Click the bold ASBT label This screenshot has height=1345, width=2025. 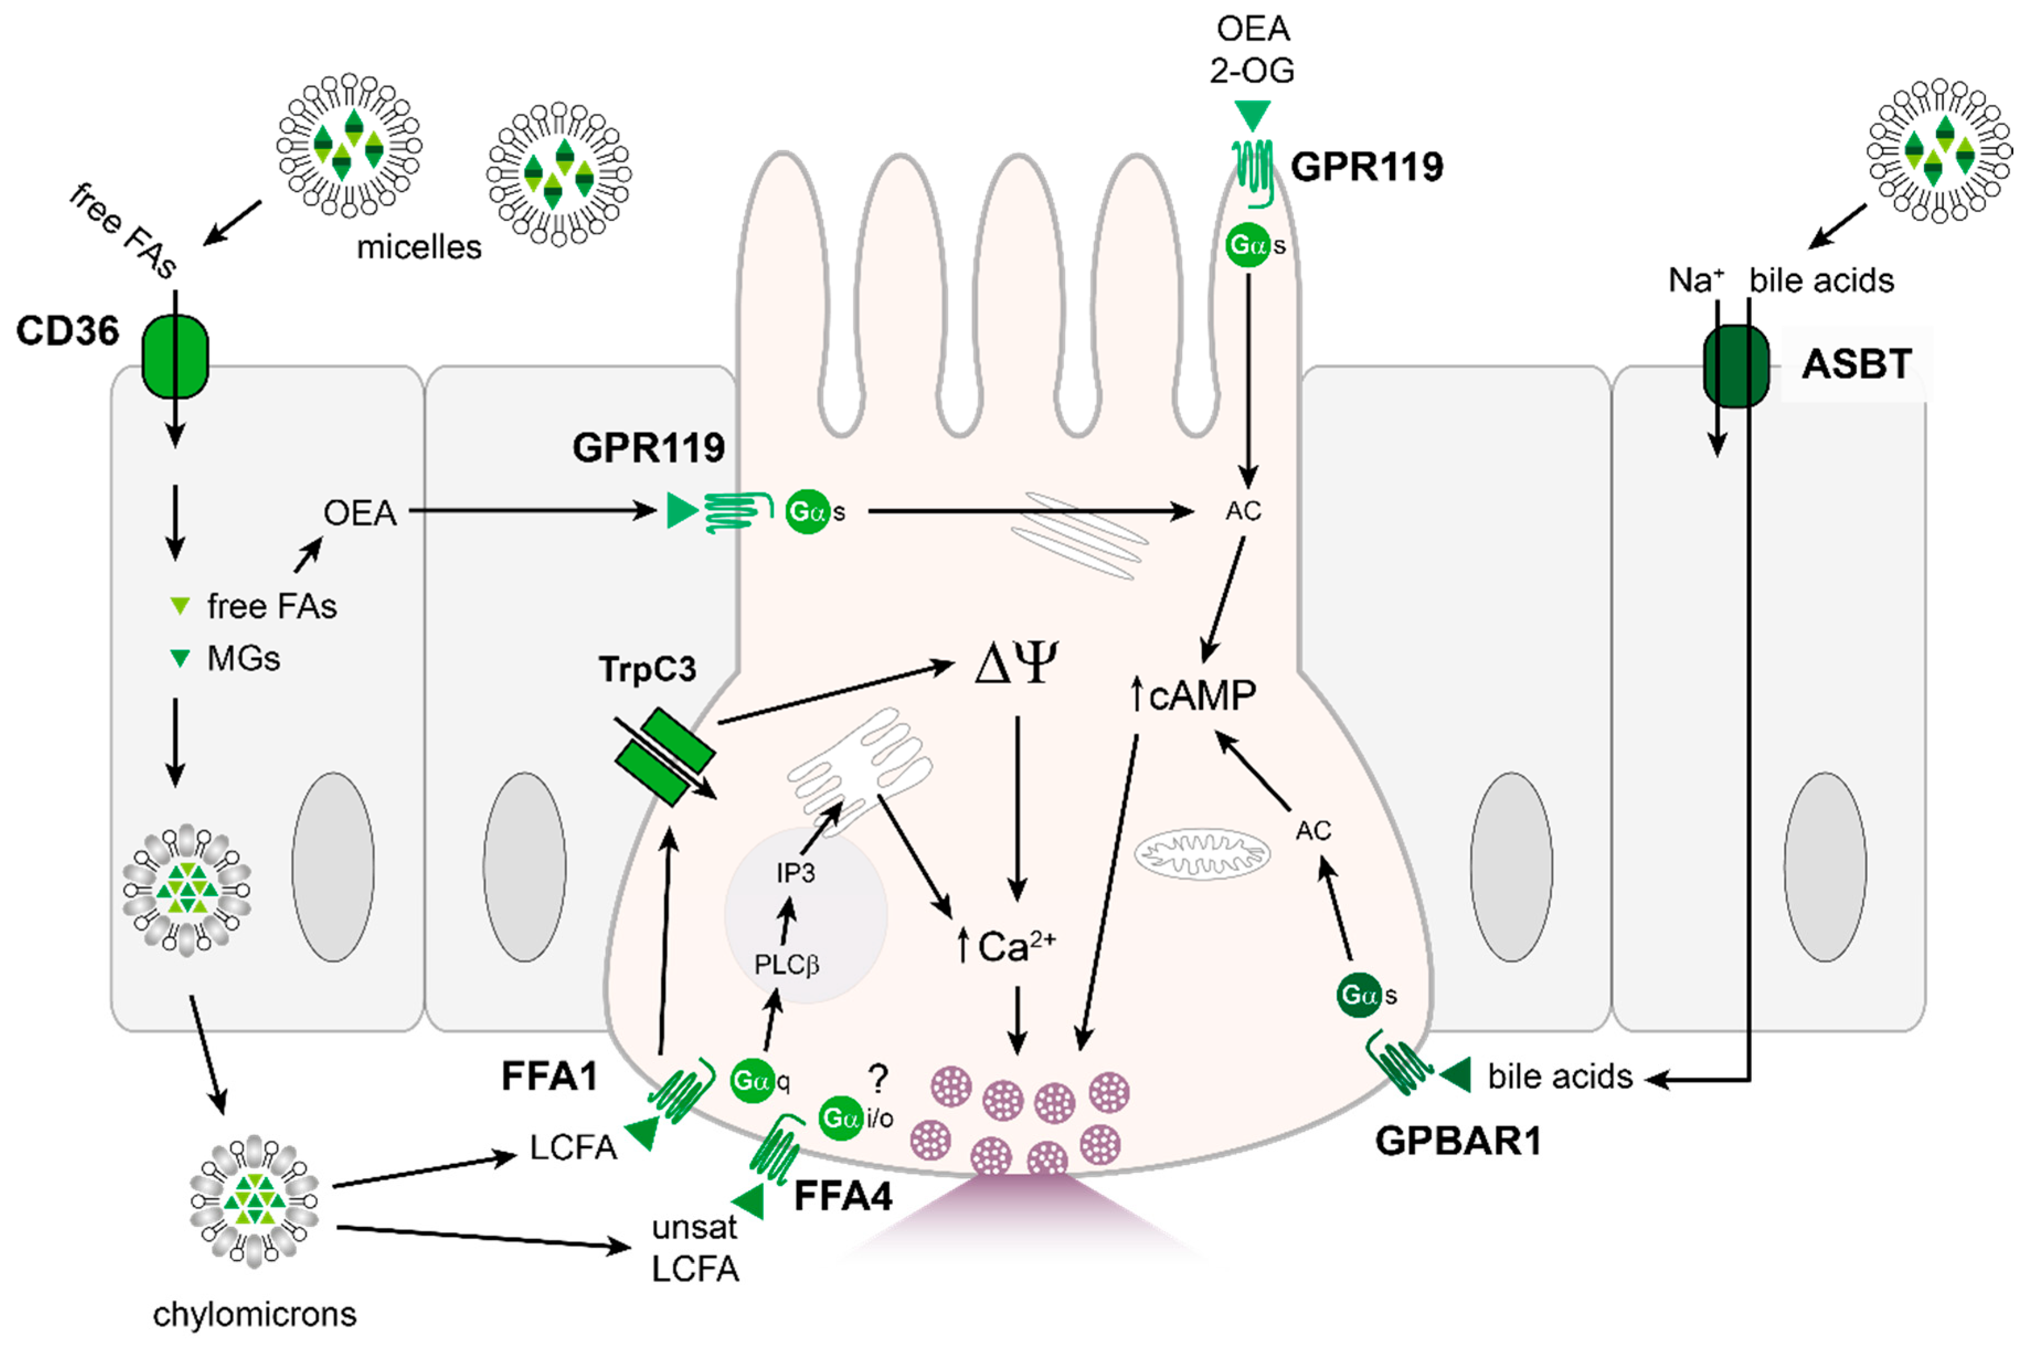[x=1856, y=364]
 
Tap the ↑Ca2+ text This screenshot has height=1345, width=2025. [x=1007, y=947]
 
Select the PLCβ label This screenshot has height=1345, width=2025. [x=786, y=965]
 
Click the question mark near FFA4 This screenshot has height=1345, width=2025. [x=878, y=1077]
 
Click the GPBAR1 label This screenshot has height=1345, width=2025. [x=1458, y=1141]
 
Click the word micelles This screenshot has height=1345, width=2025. [x=419, y=247]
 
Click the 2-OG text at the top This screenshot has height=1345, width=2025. [x=1252, y=70]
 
